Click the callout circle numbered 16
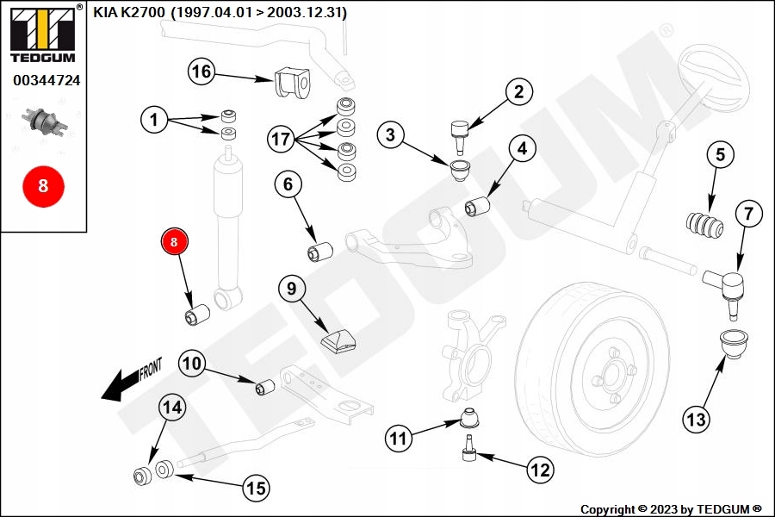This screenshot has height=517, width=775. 201,72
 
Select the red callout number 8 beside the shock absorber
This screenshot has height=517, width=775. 174,244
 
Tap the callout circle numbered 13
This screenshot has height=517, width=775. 696,420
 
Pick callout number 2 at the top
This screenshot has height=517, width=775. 518,92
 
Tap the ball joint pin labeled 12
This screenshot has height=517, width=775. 470,451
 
